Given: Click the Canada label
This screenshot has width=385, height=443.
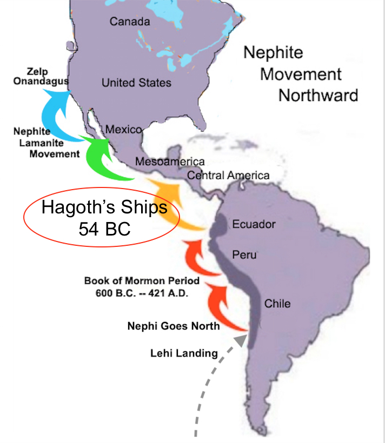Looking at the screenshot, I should coord(129,22).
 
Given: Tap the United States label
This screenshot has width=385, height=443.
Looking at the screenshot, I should coord(136,83).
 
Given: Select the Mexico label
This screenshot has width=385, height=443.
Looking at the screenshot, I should coord(123,130).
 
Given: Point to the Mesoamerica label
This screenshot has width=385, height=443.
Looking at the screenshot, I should coord(170,162).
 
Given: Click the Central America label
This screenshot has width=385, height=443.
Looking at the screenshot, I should coord(228,176).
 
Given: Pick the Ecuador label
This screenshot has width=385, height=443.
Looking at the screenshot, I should coord(254,224).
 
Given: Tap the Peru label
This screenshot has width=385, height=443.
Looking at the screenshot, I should coord(244,254).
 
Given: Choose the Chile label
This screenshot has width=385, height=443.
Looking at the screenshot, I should coord(277,304).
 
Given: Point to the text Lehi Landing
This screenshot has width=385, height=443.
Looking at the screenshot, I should coord(183,354).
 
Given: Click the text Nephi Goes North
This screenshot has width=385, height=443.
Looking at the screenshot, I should coord(173,326).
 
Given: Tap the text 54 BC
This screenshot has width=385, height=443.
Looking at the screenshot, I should coord(104,228).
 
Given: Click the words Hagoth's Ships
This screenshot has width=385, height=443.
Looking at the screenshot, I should coord(104,207).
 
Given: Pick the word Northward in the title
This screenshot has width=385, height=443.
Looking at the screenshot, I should coord(318,95).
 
